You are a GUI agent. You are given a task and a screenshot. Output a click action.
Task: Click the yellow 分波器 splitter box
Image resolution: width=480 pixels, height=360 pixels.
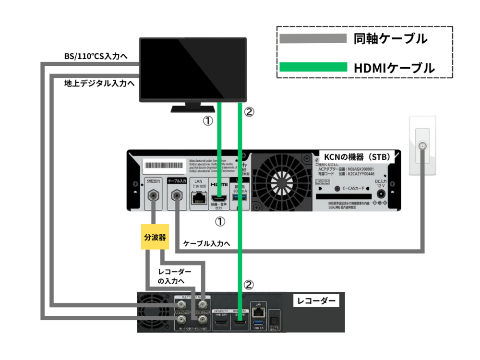click(155, 237)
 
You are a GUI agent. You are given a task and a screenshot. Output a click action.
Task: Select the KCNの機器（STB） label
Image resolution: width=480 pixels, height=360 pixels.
click(356, 157)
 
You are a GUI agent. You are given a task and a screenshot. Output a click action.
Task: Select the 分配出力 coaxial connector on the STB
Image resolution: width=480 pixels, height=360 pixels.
click(154, 196)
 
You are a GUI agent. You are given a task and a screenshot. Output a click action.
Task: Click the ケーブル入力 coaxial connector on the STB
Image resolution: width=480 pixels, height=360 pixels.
click(177, 196)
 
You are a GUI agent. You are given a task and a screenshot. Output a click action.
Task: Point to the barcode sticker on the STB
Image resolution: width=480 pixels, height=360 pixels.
click(164, 167)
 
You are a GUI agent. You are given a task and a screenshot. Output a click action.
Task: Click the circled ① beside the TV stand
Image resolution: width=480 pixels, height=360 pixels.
click(207, 121)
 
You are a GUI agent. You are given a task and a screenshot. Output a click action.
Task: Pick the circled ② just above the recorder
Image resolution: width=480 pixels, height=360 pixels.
click(249, 284)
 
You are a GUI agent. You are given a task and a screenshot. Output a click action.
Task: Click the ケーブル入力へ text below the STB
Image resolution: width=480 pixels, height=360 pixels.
click(206, 244)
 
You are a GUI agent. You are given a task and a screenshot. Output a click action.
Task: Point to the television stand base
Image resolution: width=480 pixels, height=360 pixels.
click(192, 109)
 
